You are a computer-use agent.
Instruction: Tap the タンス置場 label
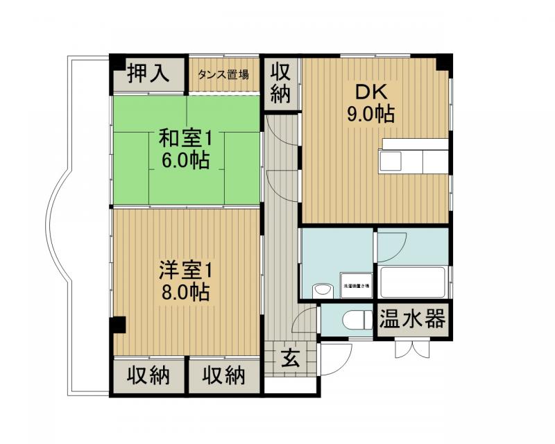[x=224, y=75]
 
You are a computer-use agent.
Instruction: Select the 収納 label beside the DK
[x=280, y=83]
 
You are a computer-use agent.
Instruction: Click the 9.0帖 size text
[x=370, y=113]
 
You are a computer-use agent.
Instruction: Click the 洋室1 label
[x=185, y=268]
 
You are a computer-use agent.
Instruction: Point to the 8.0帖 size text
[x=185, y=291]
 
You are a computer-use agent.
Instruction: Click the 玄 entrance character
[x=291, y=359]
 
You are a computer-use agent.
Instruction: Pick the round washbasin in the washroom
[x=320, y=289]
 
